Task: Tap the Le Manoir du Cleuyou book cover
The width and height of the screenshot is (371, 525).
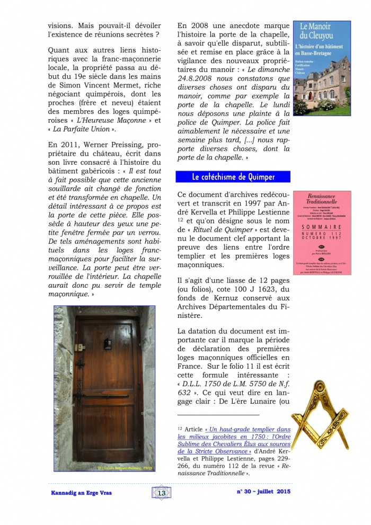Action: [322, 68]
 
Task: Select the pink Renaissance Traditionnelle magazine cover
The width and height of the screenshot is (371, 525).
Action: [322, 233]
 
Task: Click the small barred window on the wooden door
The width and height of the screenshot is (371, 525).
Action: [108, 343]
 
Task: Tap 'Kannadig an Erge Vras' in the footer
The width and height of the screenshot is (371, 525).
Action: [82, 493]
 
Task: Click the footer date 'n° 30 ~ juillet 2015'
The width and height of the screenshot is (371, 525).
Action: [263, 492]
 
